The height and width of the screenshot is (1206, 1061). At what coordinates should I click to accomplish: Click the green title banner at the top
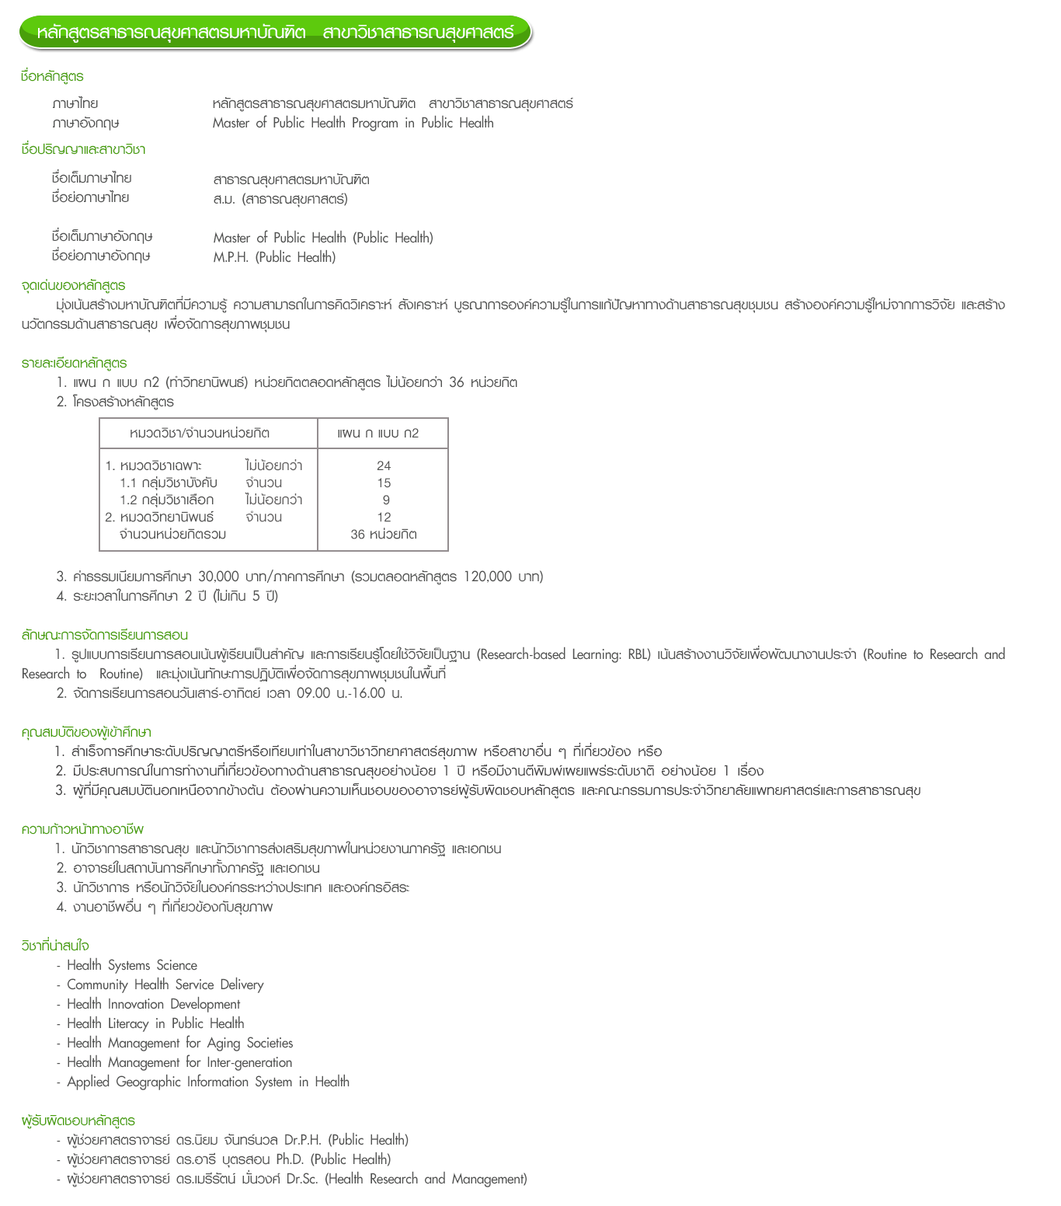(x=276, y=33)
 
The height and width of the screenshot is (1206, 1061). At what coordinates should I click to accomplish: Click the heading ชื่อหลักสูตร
(x=52, y=76)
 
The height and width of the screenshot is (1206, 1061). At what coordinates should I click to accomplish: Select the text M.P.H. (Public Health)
(x=274, y=257)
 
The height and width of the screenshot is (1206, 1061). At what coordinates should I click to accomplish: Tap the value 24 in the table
(x=384, y=466)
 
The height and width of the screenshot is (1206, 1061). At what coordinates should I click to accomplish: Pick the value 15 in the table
(x=384, y=483)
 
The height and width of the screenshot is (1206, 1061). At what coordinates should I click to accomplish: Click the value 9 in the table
(x=386, y=500)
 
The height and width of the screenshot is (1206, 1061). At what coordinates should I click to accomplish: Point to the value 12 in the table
(x=384, y=518)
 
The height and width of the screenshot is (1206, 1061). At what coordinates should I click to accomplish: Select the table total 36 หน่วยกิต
(x=384, y=535)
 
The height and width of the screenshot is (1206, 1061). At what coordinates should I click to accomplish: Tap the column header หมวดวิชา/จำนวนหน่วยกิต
(x=200, y=434)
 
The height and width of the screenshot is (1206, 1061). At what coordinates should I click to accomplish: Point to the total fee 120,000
(x=487, y=577)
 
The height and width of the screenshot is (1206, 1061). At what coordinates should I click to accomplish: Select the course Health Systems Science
(x=132, y=965)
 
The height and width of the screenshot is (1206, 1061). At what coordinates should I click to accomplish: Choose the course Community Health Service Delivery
(x=165, y=985)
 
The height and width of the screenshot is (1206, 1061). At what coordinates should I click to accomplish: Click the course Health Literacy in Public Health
(x=155, y=1023)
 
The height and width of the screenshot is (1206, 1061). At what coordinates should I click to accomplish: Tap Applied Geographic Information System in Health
(x=208, y=1082)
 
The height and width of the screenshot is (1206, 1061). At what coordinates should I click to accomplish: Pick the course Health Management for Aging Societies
(x=180, y=1043)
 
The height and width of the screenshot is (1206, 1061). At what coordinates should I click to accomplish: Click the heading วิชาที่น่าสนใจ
(x=55, y=946)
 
